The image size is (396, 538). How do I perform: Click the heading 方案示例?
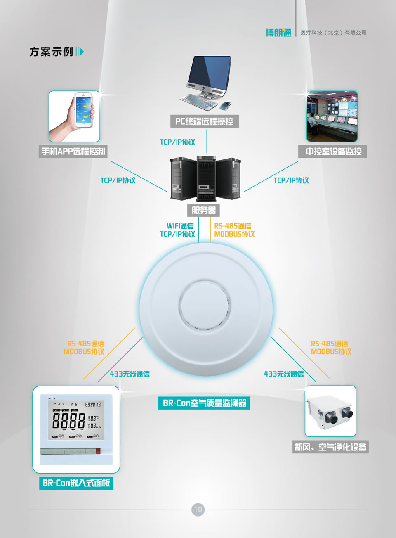coord(51,52)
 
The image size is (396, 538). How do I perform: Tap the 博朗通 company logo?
coord(278,33)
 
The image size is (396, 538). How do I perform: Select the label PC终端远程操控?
coord(204,121)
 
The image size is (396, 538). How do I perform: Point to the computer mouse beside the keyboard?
coord(226,105)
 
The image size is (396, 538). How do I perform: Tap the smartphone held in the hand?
coord(84,109)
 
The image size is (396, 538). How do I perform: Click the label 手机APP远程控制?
coord(73,152)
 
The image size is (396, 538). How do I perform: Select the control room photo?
coord(332,116)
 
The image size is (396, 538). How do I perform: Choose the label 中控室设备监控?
coord(333,152)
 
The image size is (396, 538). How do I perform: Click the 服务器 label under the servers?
coord(204,210)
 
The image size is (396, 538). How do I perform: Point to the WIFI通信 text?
coord(180,226)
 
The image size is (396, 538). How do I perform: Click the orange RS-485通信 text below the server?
coord(233,226)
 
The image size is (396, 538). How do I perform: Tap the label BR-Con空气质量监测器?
coord(204,403)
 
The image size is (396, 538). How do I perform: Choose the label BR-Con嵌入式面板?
coord(76,483)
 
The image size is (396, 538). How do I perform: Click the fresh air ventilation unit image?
coord(330,411)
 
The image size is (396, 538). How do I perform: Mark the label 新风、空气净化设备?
coord(330,447)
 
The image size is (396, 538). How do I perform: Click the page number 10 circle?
coord(198,510)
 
